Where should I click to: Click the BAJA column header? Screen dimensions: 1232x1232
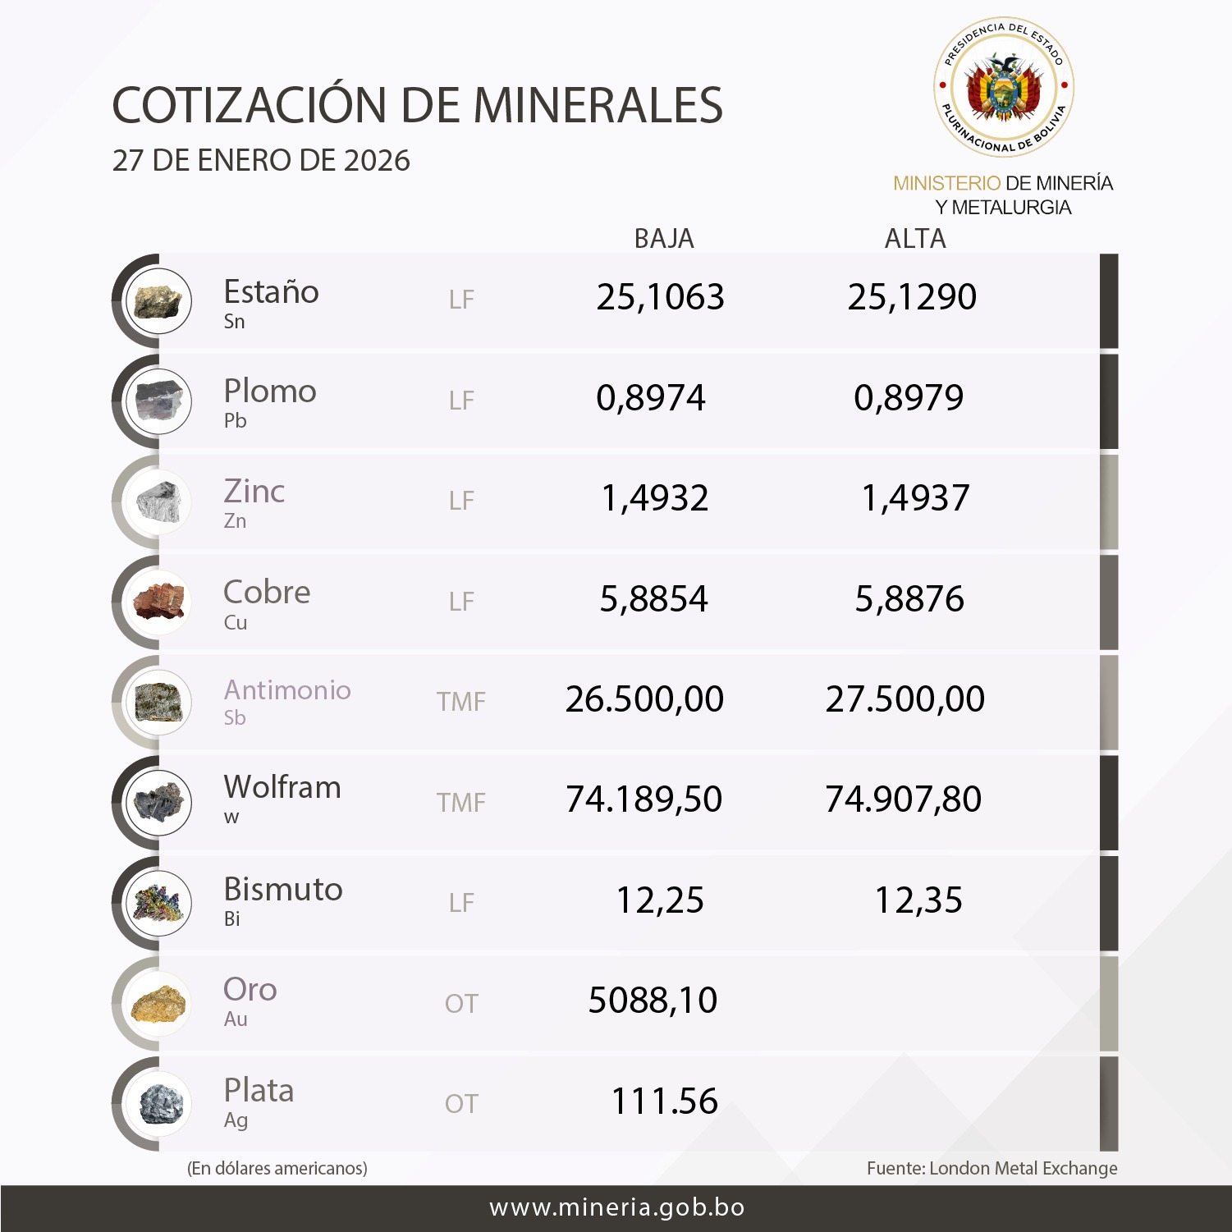point(664,239)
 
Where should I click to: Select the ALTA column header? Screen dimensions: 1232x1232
point(915,239)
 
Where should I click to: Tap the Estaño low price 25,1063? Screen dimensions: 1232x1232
point(660,297)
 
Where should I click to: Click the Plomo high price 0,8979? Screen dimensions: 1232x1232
point(909,398)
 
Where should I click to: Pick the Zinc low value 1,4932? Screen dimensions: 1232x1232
point(655,498)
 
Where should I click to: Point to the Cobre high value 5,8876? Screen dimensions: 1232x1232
point(909,599)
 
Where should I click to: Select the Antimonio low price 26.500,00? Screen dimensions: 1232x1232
point(644,699)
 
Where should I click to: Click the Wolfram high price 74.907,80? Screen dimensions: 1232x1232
point(903,799)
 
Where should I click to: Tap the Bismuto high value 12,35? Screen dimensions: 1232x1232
point(918,900)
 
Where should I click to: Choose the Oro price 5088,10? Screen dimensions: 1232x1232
point(653,1001)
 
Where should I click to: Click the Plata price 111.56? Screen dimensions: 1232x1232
point(664,1101)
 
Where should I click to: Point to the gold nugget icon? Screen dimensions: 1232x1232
point(159,1004)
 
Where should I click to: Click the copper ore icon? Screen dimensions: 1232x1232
point(159,602)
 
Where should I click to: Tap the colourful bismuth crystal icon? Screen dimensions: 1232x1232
point(159,903)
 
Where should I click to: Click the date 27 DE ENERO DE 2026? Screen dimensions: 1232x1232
point(261,161)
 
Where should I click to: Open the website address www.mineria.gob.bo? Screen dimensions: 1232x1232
point(616,1208)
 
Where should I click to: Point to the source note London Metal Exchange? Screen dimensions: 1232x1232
point(992,1168)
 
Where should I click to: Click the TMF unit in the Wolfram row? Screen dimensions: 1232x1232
point(460,802)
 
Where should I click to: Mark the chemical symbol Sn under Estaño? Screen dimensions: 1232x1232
point(235,322)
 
